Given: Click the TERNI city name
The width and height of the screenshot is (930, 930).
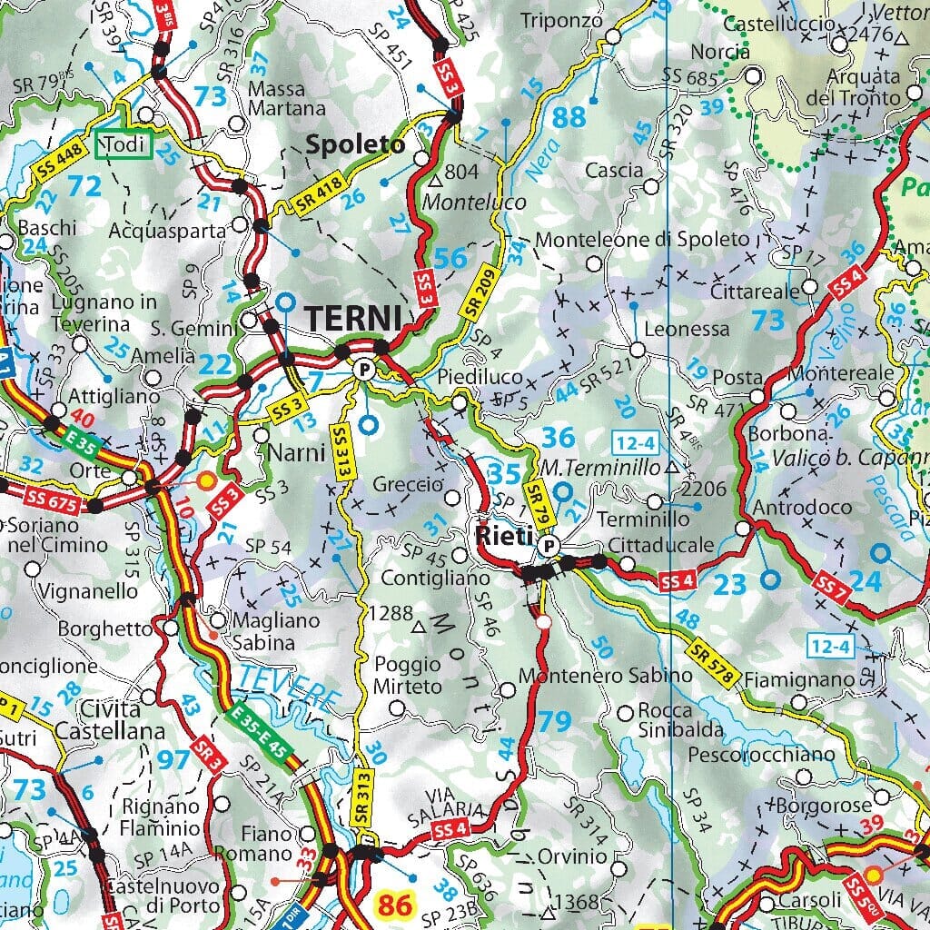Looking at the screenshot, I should (353, 318).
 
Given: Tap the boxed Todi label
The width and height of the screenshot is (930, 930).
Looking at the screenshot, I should (124, 145).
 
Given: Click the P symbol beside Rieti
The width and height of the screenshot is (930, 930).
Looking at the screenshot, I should (548, 546).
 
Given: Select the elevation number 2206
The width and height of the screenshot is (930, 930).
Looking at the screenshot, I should (705, 490).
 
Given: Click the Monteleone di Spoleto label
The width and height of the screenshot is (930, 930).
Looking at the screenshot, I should (643, 240).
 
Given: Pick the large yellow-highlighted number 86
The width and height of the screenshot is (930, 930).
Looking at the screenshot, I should (394, 905).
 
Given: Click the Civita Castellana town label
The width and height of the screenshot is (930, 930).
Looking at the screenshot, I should (110, 719).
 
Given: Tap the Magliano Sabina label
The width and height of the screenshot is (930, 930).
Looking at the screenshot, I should (264, 631).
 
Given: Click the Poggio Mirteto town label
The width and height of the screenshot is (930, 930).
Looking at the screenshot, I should (408, 675).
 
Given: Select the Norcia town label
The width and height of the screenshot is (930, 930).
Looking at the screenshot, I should (720, 52).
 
